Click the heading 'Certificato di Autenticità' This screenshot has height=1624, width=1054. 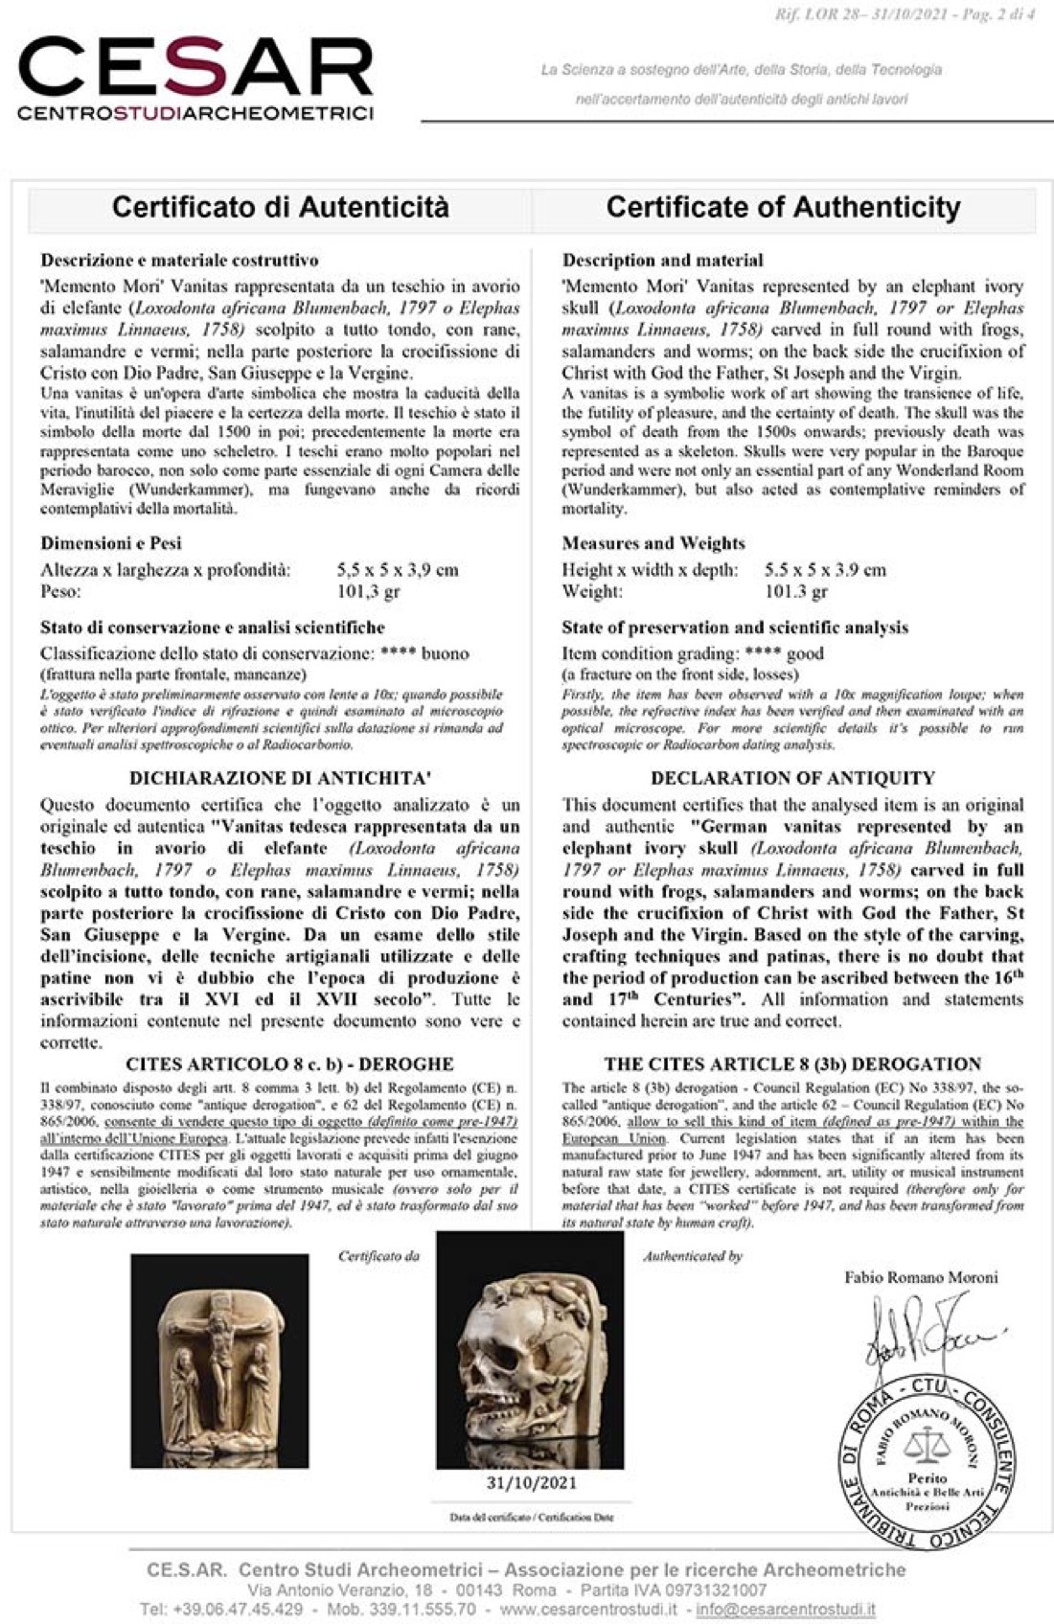(280, 207)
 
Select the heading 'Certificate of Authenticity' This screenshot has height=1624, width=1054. (783, 207)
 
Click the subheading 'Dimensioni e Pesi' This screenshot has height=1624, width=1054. (111, 543)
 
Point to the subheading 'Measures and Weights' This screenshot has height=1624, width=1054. (653, 543)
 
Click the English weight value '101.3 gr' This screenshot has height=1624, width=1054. (796, 591)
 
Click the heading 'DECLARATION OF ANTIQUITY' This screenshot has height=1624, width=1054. (792, 778)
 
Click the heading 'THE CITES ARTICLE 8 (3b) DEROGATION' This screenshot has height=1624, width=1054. (792, 1064)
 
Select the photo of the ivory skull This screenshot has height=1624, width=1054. (530, 1351)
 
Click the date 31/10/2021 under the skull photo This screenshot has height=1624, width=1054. (531, 1483)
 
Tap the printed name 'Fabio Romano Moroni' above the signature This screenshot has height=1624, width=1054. (921, 1277)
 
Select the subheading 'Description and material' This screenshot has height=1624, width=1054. (663, 260)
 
